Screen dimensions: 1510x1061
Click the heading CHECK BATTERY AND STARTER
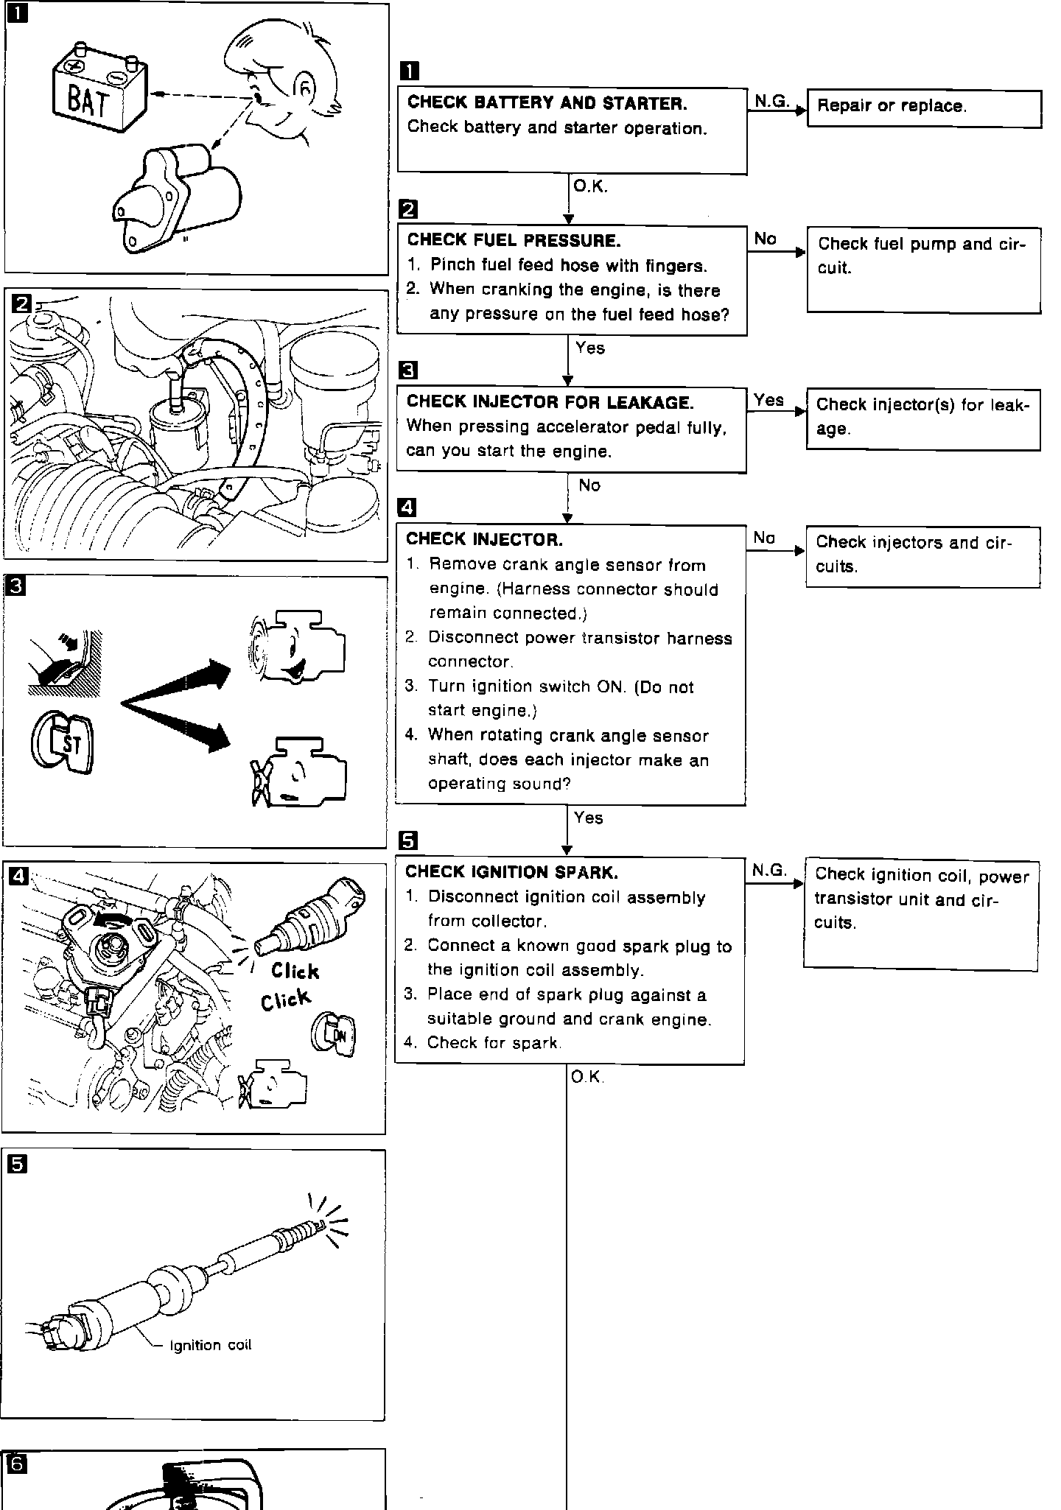coord(547,102)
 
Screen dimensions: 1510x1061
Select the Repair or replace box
coord(924,108)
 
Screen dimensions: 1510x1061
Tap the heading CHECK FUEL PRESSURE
coord(514,240)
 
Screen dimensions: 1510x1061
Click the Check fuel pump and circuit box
coord(923,270)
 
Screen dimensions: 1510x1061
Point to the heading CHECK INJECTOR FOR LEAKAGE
coord(550,402)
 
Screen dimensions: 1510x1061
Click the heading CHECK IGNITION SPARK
coord(511,872)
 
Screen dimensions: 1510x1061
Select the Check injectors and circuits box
coord(922,556)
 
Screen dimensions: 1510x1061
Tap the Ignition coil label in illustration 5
coord(211,1345)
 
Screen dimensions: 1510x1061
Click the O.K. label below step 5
coord(586,1078)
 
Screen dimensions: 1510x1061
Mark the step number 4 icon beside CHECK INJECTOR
coord(407,508)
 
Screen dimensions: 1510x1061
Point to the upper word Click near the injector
coord(295,971)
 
